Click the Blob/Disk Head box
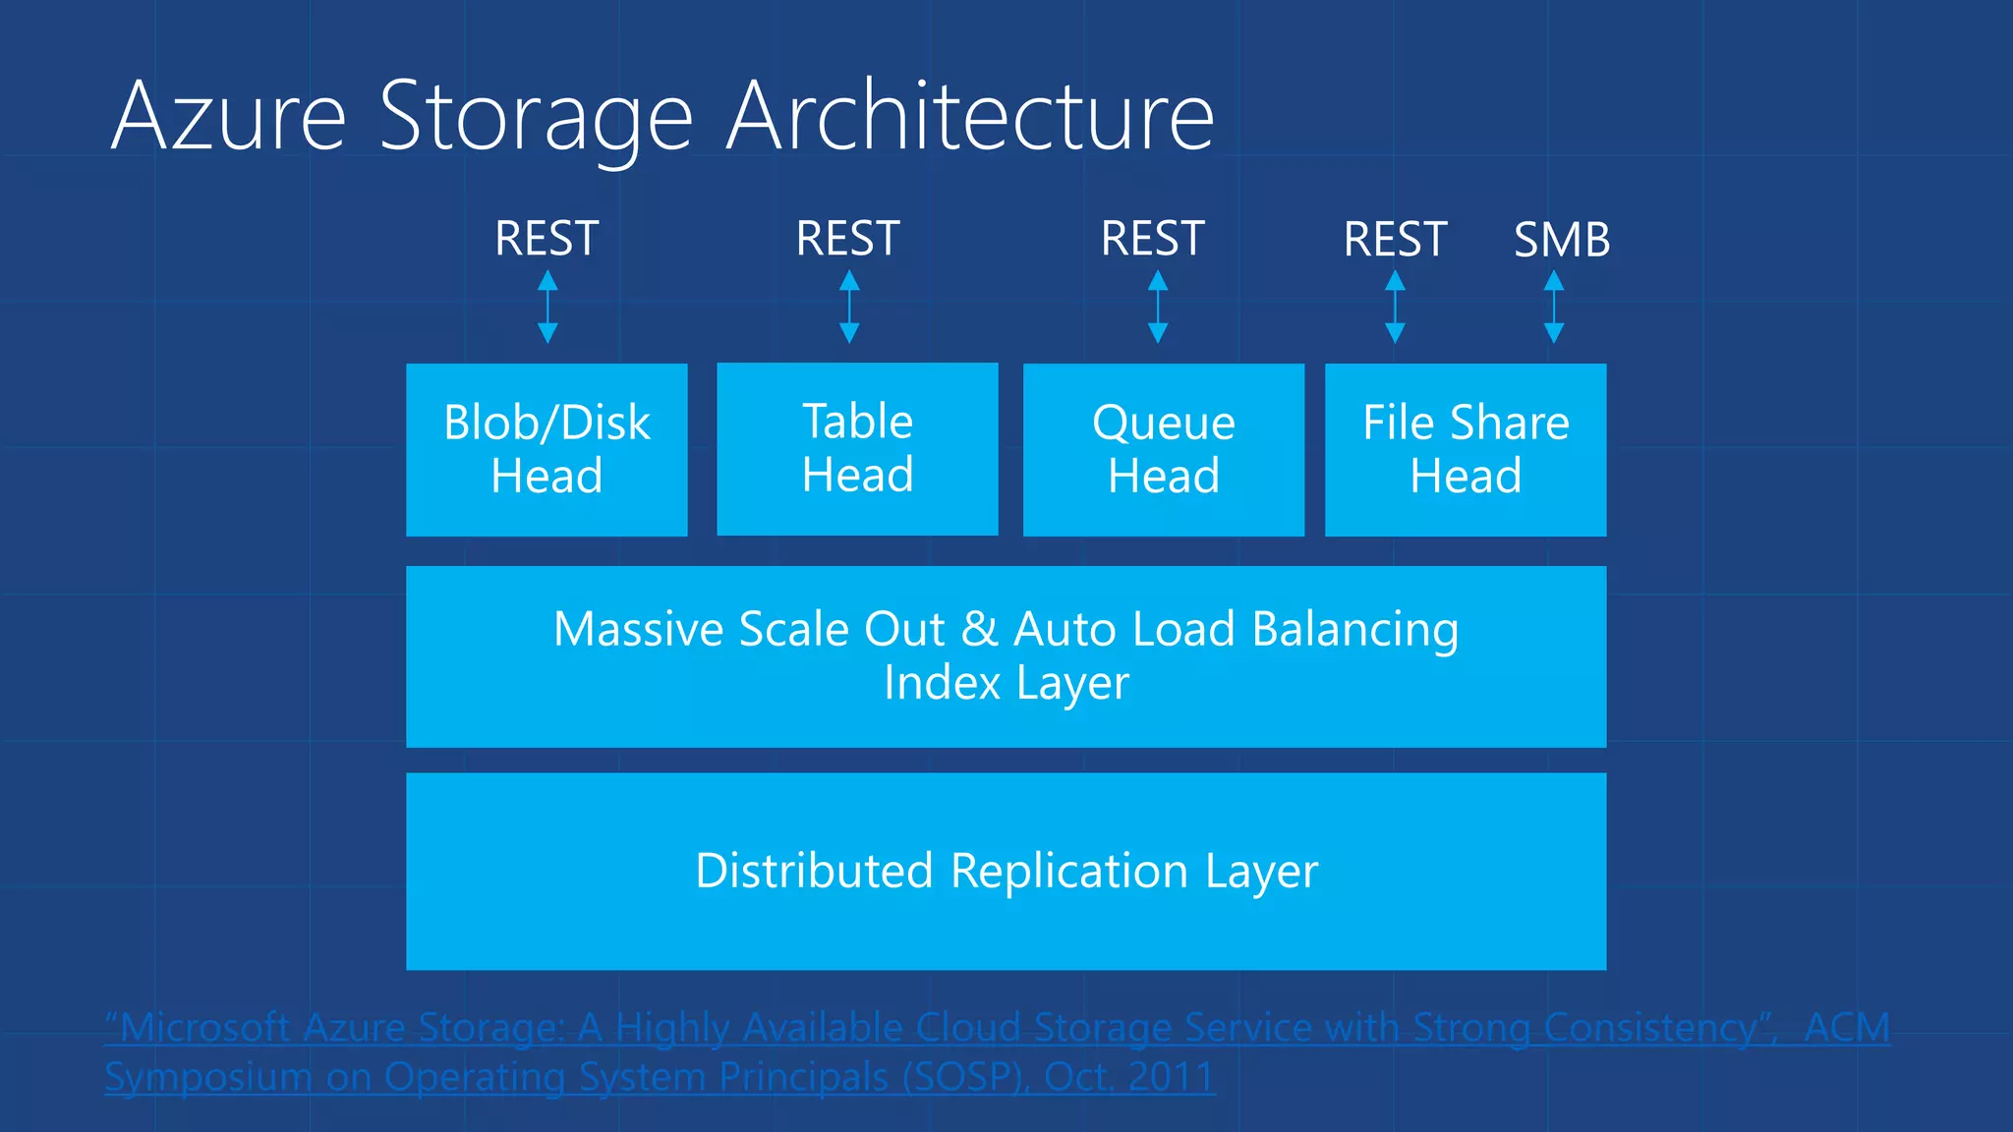(546, 450)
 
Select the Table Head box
(857, 449)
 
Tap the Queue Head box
(1163, 450)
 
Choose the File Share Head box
(1465, 450)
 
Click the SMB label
(1561, 240)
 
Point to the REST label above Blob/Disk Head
(546, 239)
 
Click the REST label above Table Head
(847, 239)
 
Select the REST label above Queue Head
(1152, 239)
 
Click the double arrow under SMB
(1553, 308)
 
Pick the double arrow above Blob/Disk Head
(547, 308)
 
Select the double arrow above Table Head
(849, 308)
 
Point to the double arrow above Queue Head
(1158, 308)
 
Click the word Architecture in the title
(969, 117)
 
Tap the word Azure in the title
(228, 117)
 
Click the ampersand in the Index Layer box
(979, 629)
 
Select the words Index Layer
(1006, 682)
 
